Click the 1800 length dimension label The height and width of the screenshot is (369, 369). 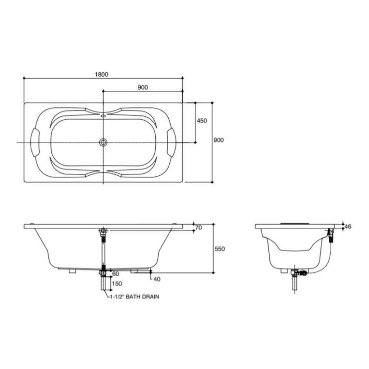point(101,75)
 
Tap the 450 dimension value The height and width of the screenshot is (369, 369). point(202,121)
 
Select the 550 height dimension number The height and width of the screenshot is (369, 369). point(220,249)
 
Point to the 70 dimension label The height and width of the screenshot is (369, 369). point(199,228)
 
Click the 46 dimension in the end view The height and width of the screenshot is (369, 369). point(348,227)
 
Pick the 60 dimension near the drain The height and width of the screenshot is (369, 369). point(115,274)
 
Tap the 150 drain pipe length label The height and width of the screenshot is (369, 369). point(117,283)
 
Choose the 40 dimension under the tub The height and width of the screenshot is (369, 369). point(157,279)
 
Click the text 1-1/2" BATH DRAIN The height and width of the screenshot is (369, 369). point(135,297)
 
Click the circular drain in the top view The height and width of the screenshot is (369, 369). point(103,142)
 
